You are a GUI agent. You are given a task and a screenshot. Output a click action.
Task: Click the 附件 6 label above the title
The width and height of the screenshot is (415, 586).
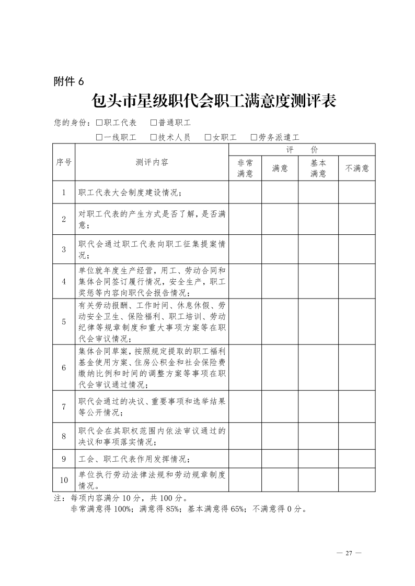[x=68, y=81]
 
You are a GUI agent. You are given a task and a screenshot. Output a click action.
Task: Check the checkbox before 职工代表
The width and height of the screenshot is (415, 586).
[x=99, y=123]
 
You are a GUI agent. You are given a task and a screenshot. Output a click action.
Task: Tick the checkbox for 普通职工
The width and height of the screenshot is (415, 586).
[x=154, y=123]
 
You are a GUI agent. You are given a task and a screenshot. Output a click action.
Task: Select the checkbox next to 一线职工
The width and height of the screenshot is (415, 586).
[x=99, y=138]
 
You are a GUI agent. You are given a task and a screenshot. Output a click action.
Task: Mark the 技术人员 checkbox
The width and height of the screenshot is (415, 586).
[x=154, y=138]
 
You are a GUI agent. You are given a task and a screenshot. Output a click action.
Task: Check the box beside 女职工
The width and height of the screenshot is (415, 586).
[x=208, y=138]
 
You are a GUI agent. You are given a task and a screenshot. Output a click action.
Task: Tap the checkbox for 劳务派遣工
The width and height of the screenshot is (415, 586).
[x=254, y=138]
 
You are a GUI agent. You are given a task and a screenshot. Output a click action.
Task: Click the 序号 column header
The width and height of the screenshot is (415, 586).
[x=64, y=162]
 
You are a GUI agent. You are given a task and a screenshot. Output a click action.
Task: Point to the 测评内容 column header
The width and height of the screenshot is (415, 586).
[x=152, y=162]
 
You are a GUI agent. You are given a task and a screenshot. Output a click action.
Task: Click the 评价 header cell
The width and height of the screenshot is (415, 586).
[x=302, y=149]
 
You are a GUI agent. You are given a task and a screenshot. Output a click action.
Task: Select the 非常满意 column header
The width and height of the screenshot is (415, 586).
[x=245, y=168]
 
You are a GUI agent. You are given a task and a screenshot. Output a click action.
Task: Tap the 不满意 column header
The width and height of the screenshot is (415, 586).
[x=357, y=168]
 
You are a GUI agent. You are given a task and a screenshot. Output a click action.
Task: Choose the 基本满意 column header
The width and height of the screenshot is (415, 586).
[x=318, y=168]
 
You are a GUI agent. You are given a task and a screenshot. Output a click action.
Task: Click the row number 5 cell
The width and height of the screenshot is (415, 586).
[x=64, y=321]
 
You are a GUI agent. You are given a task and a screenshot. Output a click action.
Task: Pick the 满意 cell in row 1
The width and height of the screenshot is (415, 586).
[x=280, y=193]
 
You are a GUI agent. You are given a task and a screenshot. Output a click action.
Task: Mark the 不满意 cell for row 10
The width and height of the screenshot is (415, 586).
[x=357, y=480]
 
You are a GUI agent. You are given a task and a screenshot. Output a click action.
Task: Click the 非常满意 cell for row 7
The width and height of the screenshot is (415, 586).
[x=245, y=406]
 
